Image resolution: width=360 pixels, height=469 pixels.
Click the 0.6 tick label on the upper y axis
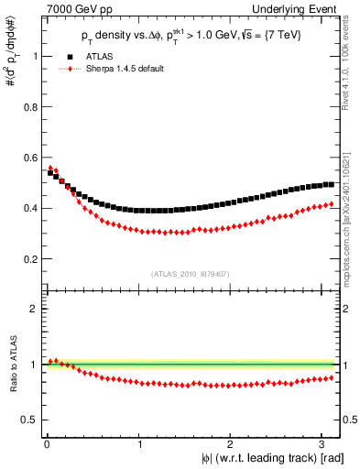28,169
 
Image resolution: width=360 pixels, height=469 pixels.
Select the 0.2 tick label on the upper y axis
28,245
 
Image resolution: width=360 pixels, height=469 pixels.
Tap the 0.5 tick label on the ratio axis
28,420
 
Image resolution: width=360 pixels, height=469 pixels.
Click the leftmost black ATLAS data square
49,173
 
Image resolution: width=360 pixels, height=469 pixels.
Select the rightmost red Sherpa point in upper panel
331,203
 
